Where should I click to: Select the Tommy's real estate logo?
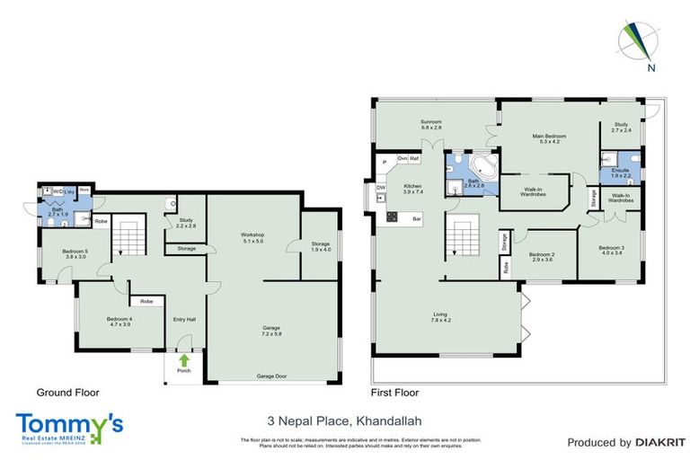click(69, 428)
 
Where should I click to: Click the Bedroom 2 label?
click(541, 257)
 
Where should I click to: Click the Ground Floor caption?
click(67, 393)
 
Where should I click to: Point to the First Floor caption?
click(394, 393)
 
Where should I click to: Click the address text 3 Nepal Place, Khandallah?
click(345, 420)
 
